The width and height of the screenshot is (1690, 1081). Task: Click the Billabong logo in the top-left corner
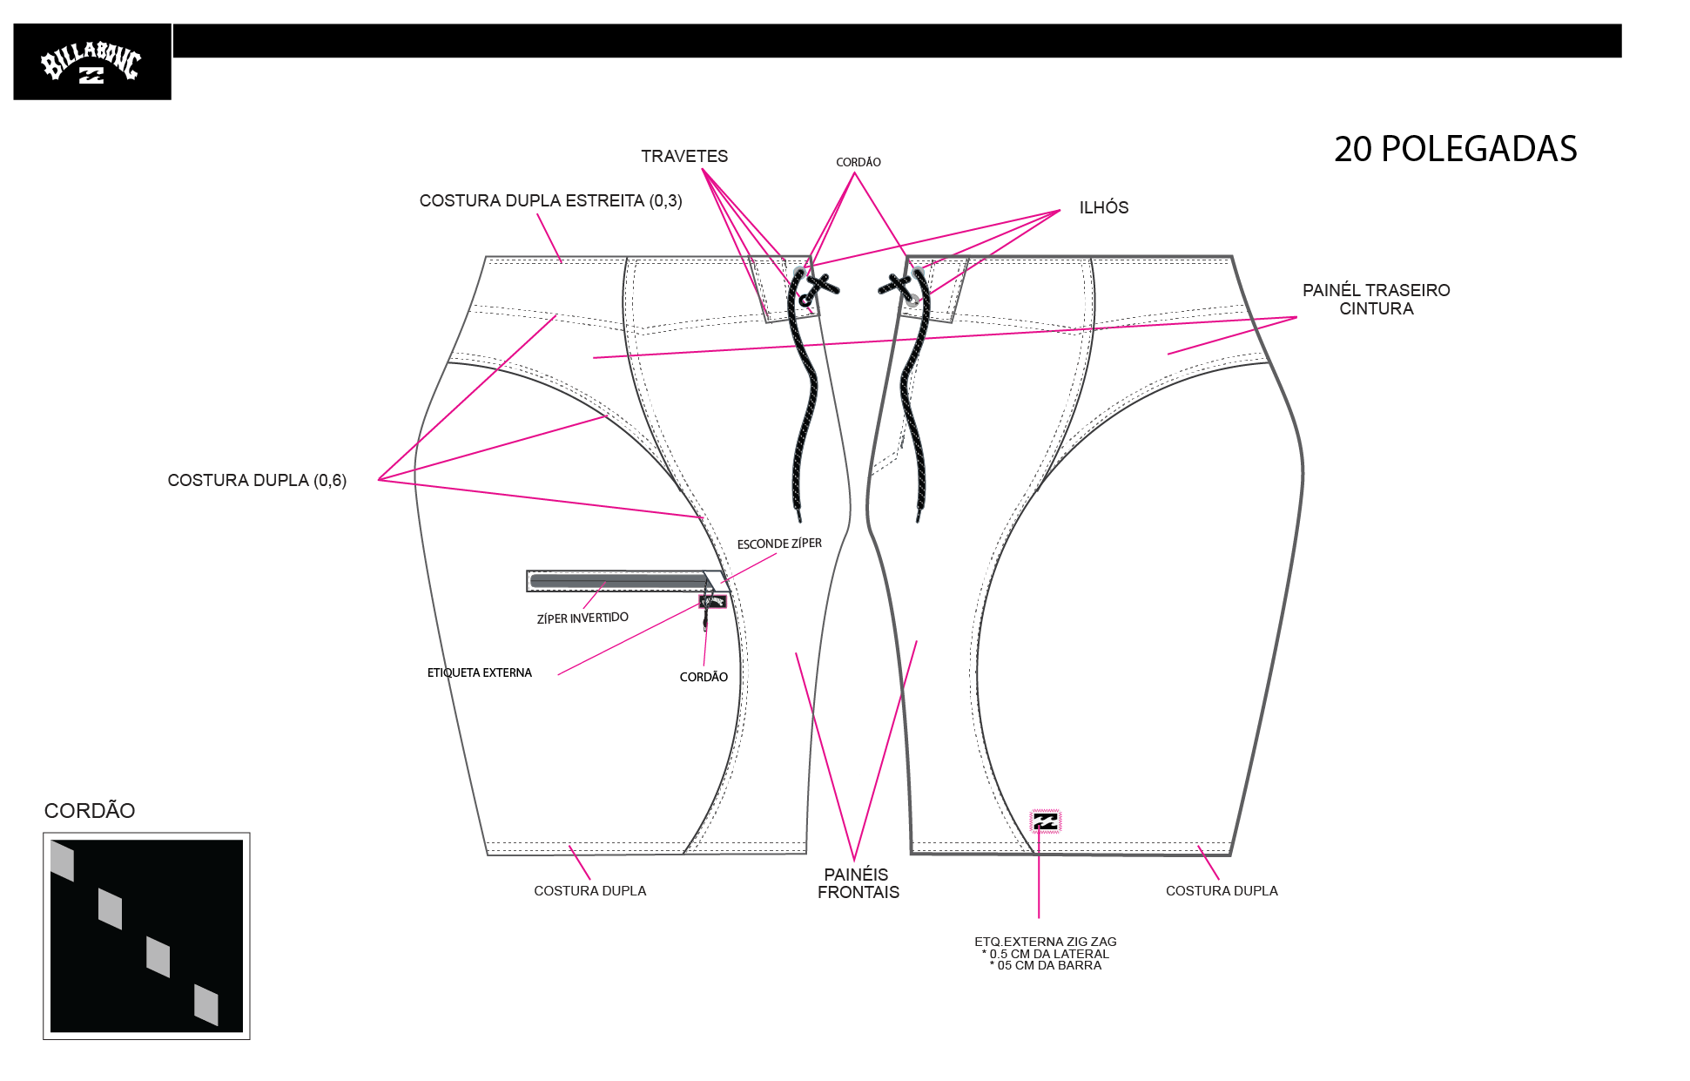91,62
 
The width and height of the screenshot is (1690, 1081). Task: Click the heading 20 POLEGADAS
1455,149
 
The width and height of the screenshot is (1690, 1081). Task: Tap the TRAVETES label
684,156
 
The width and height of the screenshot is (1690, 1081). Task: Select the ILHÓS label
1104,207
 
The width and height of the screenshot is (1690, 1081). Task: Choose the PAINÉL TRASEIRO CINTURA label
1376,299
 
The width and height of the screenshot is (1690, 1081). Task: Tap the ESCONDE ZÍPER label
779,544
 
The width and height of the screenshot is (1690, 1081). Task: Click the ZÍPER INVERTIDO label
582,618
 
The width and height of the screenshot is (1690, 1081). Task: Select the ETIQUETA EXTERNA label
479,672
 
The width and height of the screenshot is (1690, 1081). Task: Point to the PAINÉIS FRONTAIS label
858,882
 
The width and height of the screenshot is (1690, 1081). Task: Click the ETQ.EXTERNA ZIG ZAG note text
1045,953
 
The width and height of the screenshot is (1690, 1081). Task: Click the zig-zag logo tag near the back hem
1045,821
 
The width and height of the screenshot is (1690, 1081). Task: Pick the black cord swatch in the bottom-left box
146,936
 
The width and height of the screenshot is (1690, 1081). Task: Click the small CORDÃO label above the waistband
858,162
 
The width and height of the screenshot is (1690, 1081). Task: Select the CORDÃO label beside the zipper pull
704,677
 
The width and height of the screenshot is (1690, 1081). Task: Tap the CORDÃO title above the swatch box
90,810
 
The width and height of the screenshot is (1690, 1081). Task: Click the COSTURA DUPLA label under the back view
1222,890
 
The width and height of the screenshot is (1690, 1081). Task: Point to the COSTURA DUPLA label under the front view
589,890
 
